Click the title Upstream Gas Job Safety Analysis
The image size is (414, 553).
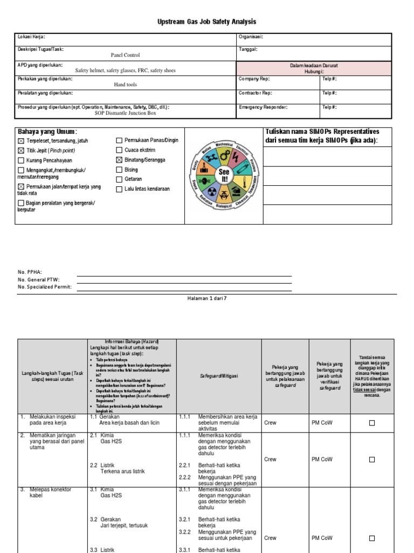pos(207,22)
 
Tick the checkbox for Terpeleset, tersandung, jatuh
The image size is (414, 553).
pos(21,141)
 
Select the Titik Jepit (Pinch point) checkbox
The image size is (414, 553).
pos(21,151)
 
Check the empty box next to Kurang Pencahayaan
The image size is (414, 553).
pos(21,160)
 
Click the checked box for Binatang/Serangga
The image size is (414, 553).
pos(119,160)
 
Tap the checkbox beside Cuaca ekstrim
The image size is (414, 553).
pos(119,150)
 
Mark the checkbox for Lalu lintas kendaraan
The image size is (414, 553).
pos(119,189)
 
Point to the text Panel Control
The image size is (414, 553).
pos(125,55)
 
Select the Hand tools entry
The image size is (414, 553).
pos(125,85)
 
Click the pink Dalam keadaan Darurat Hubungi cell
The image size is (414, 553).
pos(314,68)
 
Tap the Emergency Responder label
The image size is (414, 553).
pos(263,107)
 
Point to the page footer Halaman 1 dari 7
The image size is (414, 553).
pos(207,298)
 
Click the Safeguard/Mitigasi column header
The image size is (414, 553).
pos(219,376)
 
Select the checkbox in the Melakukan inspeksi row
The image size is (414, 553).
pos(372,423)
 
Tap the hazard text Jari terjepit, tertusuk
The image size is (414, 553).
pos(124,525)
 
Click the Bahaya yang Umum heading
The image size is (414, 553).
pos(47,132)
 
